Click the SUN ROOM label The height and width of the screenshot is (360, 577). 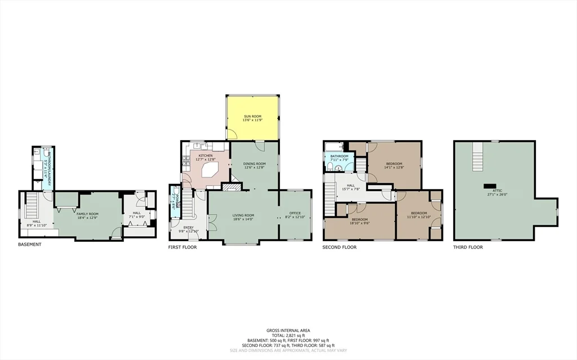[252, 116]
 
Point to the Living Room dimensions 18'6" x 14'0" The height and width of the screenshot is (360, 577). [243, 219]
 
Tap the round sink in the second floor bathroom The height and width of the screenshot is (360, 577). [337, 167]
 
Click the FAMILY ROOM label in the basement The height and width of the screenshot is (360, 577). [87, 214]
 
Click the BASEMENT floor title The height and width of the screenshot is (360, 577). [30, 245]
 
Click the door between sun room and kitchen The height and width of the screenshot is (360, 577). [232, 135]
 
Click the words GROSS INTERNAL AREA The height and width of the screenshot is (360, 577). [288, 331]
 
